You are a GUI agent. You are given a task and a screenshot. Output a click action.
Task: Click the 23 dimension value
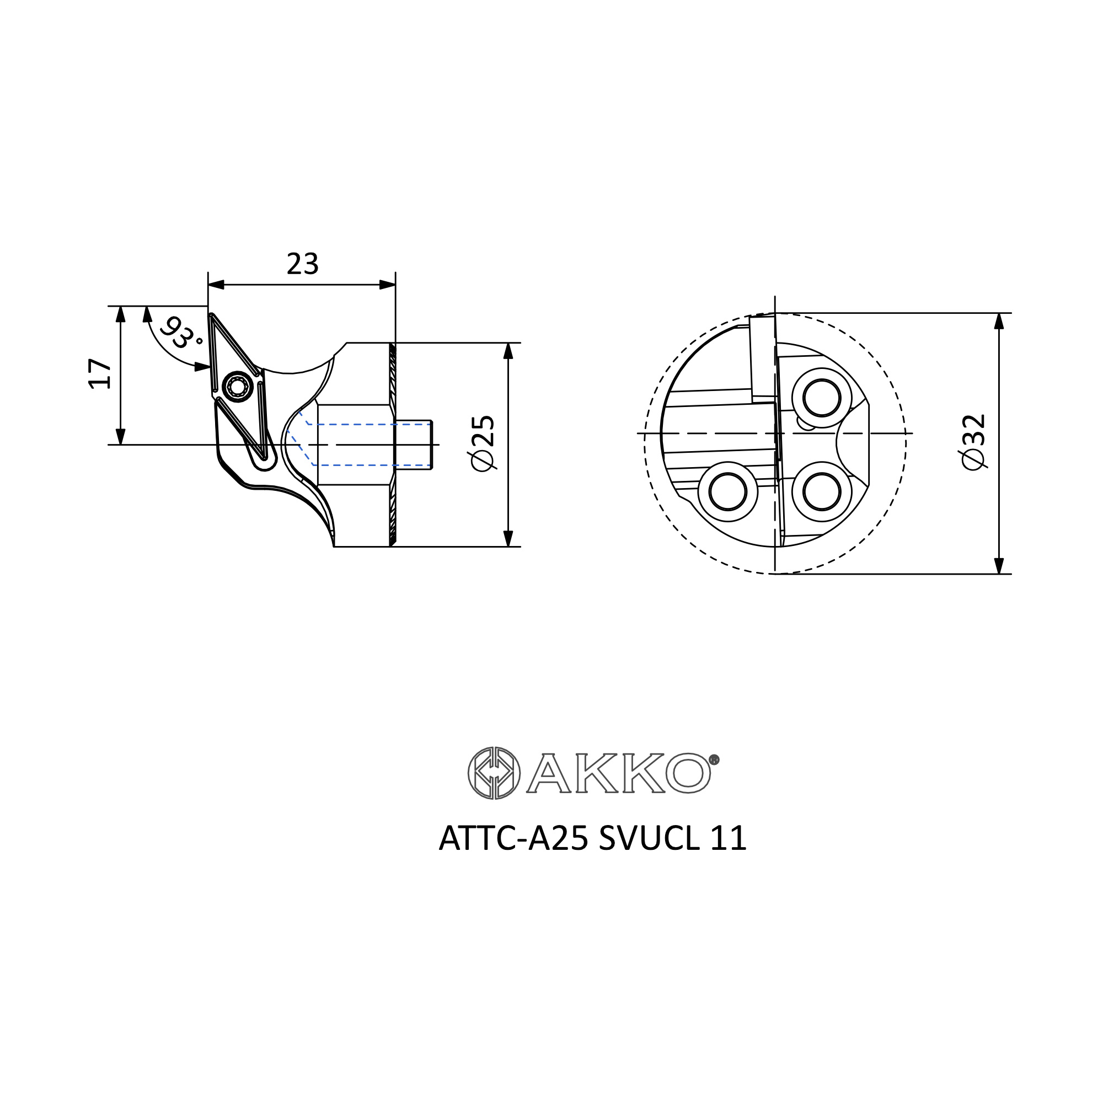pos(303,264)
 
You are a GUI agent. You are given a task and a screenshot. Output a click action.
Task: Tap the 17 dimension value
pos(100,374)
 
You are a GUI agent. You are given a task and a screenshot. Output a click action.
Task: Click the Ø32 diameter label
pos(973,442)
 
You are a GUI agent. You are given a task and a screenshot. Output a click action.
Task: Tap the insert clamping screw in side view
pos(238,388)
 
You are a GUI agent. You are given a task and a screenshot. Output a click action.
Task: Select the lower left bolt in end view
pos(728,491)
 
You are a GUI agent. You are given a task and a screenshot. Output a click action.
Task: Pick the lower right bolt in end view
pos(822,491)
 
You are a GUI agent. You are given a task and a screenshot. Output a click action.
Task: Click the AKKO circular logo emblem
pos(494,773)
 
